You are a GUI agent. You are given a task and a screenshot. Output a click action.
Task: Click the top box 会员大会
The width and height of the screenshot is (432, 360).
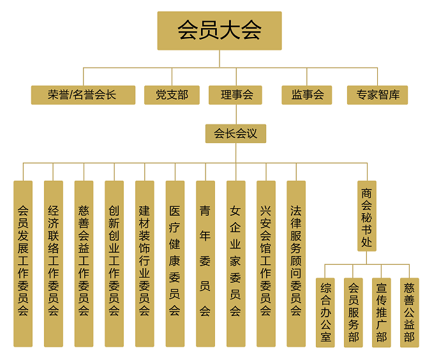[x=219, y=31]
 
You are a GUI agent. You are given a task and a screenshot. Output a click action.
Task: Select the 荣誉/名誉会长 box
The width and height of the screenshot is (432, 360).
[x=83, y=95]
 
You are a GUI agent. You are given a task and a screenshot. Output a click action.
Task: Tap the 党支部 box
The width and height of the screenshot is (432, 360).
[x=172, y=95]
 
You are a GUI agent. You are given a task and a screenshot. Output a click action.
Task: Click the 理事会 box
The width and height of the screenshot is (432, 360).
[x=235, y=95]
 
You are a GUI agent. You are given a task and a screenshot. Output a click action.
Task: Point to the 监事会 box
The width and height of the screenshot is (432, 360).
[x=307, y=95]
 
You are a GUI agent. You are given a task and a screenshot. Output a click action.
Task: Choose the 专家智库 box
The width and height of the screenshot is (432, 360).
[x=377, y=95]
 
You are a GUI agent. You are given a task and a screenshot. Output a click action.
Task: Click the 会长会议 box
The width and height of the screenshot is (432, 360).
[x=235, y=133]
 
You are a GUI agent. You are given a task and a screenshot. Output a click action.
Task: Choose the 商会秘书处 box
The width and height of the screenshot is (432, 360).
[x=367, y=216]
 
